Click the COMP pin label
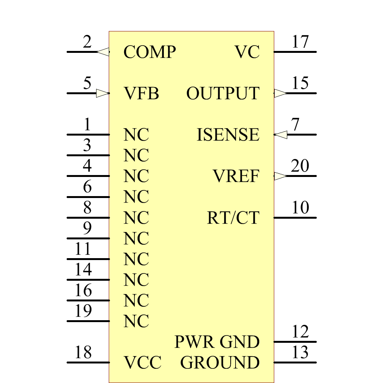149,52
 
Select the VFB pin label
141,93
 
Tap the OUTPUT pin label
223,93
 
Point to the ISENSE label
228,135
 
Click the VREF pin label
236,176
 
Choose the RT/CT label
233,218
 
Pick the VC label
247,52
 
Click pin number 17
300,42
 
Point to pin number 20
300,166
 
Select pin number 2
87,42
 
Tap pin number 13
300,352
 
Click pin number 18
83,352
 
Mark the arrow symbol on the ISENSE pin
281,135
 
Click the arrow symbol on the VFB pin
102,93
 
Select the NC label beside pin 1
136,135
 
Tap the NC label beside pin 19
136,321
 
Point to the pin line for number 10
295,218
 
